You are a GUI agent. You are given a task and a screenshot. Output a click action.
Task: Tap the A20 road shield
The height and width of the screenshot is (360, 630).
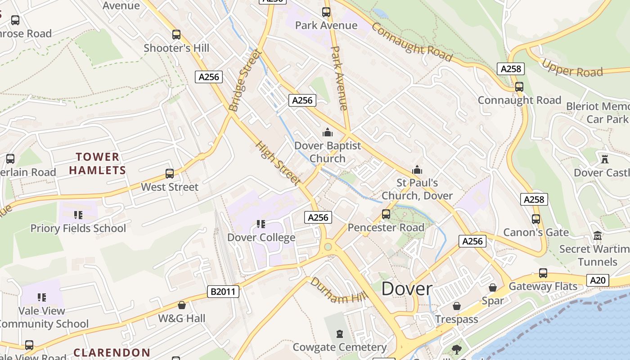(x=598, y=280)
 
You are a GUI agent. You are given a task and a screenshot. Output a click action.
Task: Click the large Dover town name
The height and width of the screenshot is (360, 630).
(x=407, y=289)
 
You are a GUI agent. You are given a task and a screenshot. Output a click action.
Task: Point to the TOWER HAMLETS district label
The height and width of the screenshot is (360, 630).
(x=97, y=163)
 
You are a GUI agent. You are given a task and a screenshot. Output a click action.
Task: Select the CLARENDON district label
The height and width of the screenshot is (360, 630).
(x=112, y=352)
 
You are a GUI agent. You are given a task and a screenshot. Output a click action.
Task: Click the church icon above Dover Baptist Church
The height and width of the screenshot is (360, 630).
(x=327, y=133)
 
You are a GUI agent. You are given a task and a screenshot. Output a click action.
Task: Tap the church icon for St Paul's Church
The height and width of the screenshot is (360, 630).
(x=417, y=170)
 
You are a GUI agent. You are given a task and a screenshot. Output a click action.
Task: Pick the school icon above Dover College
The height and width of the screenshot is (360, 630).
(x=260, y=224)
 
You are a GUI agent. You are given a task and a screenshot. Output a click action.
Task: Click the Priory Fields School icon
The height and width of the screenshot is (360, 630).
(x=78, y=215)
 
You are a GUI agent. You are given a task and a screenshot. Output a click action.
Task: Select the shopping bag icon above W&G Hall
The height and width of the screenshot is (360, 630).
(x=182, y=305)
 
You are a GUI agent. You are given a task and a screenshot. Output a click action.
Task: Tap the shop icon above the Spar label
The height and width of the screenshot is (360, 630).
(x=493, y=287)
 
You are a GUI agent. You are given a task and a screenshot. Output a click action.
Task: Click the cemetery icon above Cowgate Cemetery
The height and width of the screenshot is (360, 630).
(x=339, y=334)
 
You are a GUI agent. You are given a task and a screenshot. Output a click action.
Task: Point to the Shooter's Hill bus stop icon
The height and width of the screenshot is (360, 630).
(x=176, y=35)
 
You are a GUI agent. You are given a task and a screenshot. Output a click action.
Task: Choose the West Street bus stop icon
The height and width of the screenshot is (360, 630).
(x=170, y=174)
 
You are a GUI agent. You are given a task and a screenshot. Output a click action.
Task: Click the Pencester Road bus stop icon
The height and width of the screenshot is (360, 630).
(x=386, y=214)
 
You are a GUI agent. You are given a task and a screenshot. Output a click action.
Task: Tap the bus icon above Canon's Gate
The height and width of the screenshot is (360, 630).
(x=536, y=219)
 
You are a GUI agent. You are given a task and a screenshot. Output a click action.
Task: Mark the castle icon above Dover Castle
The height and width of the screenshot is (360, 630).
(x=604, y=159)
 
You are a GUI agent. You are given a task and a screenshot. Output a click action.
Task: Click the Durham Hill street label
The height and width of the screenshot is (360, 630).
(x=338, y=291)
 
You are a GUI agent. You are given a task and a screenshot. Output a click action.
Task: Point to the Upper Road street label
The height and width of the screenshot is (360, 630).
(x=572, y=68)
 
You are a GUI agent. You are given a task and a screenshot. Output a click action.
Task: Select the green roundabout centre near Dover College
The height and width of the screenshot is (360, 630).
(x=328, y=247)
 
